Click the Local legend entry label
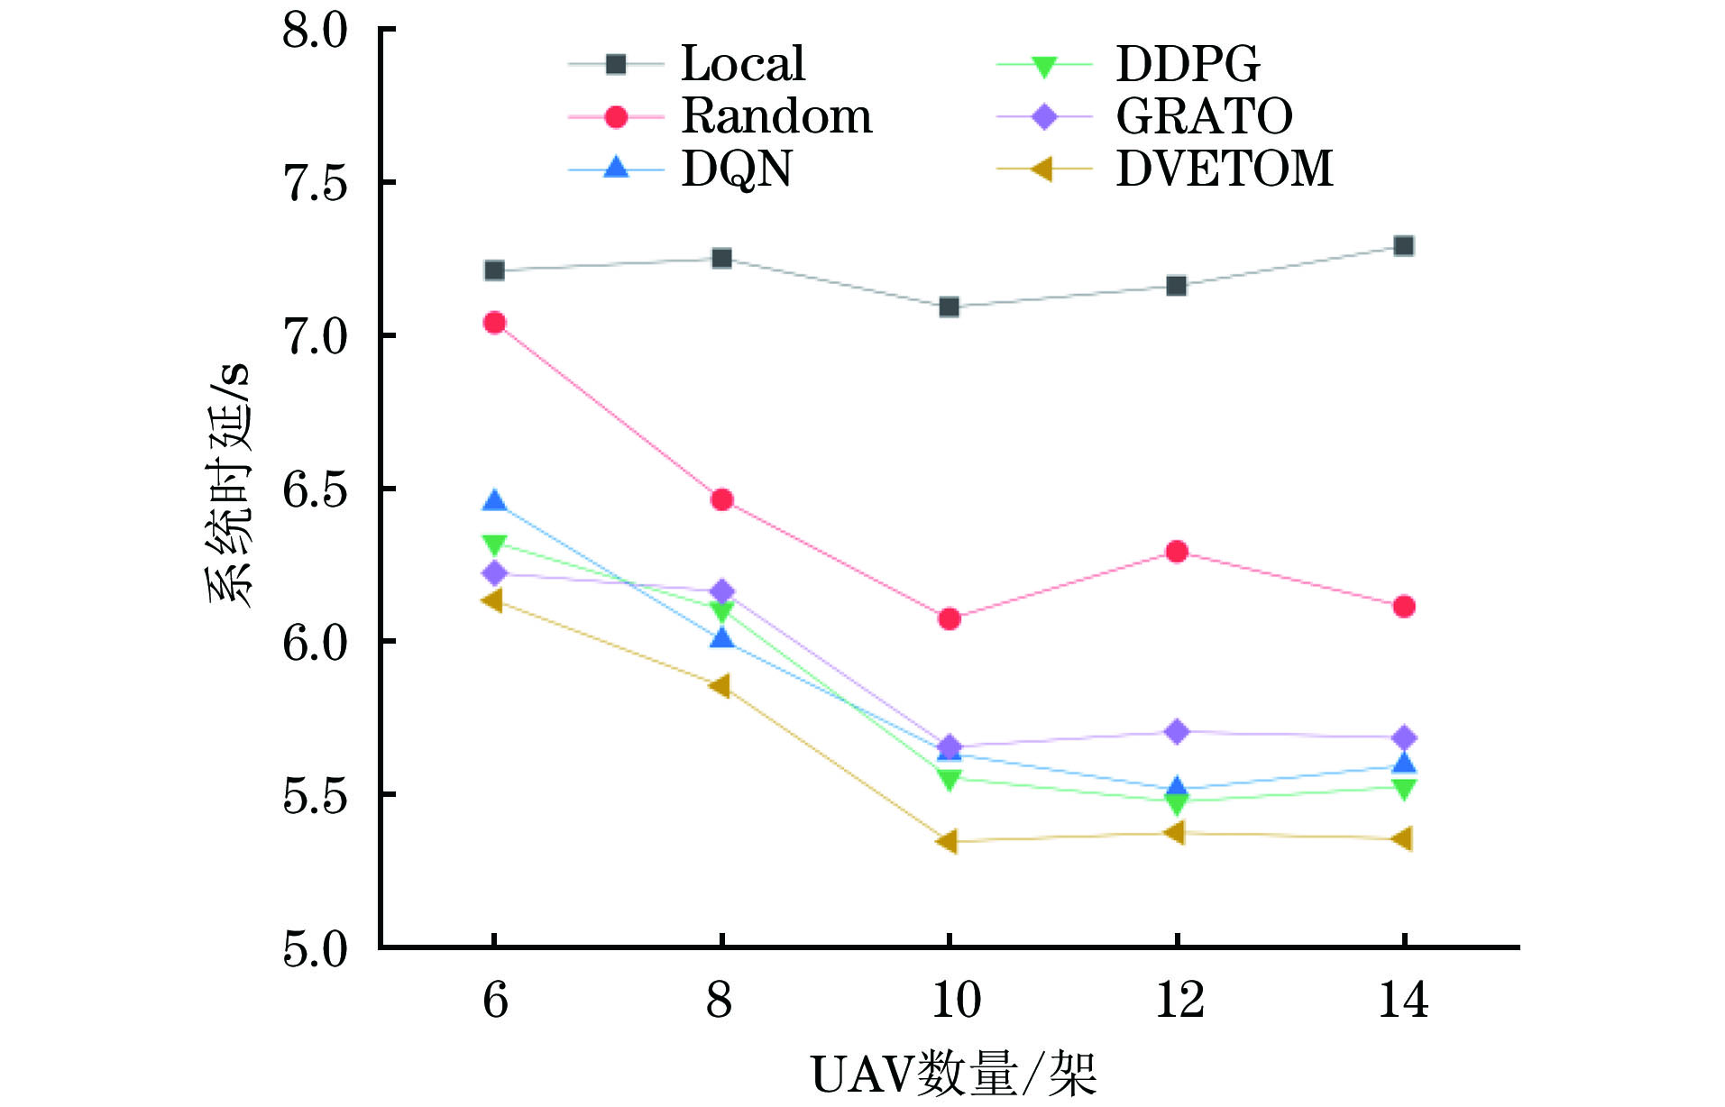coord(742,64)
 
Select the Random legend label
coord(776,116)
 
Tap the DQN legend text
coord(736,169)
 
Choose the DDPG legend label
coord(1188,64)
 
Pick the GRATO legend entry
coord(1204,116)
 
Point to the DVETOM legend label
coord(1224,169)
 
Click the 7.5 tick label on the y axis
coord(315,183)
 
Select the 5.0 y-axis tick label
coord(315,948)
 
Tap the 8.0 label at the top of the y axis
coord(315,31)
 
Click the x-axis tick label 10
coord(955,1000)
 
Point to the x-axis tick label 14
coord(1403,1000)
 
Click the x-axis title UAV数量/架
coord(953,1075)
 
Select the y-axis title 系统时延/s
coord(229,487)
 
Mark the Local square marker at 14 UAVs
coord(1403,246)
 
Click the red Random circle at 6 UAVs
coord(494,323)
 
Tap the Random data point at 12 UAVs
coord(1176,552)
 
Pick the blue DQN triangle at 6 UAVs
coord(494,501)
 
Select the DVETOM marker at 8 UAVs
coord(720,686)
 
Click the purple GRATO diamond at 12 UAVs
coord(1176,731)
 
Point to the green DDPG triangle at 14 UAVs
coord(1403,789)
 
